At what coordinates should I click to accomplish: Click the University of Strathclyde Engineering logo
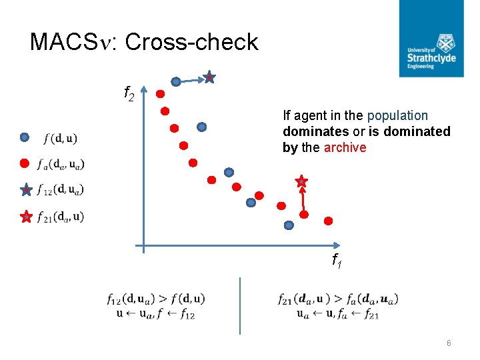pyautogui.click(x=431, y=38)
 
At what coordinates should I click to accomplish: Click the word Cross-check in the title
pyautogui.click(x=191, y=42)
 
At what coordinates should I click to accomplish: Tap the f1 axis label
pyautogui.click(x=337, y=261)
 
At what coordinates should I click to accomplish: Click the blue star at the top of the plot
pyautogui.click(x=209, y=78)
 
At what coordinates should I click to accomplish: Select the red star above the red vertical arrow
pyautogui.click(x=301, y=181)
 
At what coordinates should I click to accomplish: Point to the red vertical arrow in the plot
pyautogui.click(x=303, y=199)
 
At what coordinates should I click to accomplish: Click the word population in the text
pyautogui.click(x=397, y=116)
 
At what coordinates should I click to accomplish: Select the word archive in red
pyautogui.click(x=345, y=148)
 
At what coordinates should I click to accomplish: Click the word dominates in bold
pyautogui.click(x=309, y=132)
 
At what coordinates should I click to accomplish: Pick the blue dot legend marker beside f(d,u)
pyautogui.click(x=25, y=138)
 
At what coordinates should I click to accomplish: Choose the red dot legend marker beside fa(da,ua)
pyautogui.click(x=25, y=163)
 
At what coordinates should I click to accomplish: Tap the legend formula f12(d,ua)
pyautogui.click(x=61, y=190)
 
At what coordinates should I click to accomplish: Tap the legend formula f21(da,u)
pyautogui.click(x=61, y=217)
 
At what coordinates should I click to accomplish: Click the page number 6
pyautogui.click(x=449, y=343)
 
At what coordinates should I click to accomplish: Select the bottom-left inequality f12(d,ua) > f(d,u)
pyautogui.click(x=155, y=299)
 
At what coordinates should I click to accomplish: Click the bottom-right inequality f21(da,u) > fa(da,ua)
pyautogui.click(x=338, y=299)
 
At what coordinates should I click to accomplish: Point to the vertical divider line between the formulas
pyautogui.click(x=240, y=305)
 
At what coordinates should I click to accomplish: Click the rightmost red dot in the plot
pyautogui.click(x=329, y=221)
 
